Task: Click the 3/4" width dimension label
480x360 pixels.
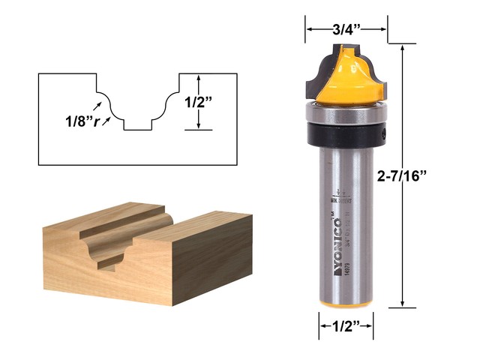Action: pyautogui.click(x=346, y=31)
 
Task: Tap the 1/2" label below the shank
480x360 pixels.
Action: pyautogui.click(x=346, y=326)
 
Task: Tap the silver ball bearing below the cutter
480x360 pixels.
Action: pyautogui.click(x=346, y=113)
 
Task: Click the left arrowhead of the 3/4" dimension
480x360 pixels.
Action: pyautogui.click(x=308, y=31)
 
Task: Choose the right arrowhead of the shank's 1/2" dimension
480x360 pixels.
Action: pyautogui.click(x=370, y=326)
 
